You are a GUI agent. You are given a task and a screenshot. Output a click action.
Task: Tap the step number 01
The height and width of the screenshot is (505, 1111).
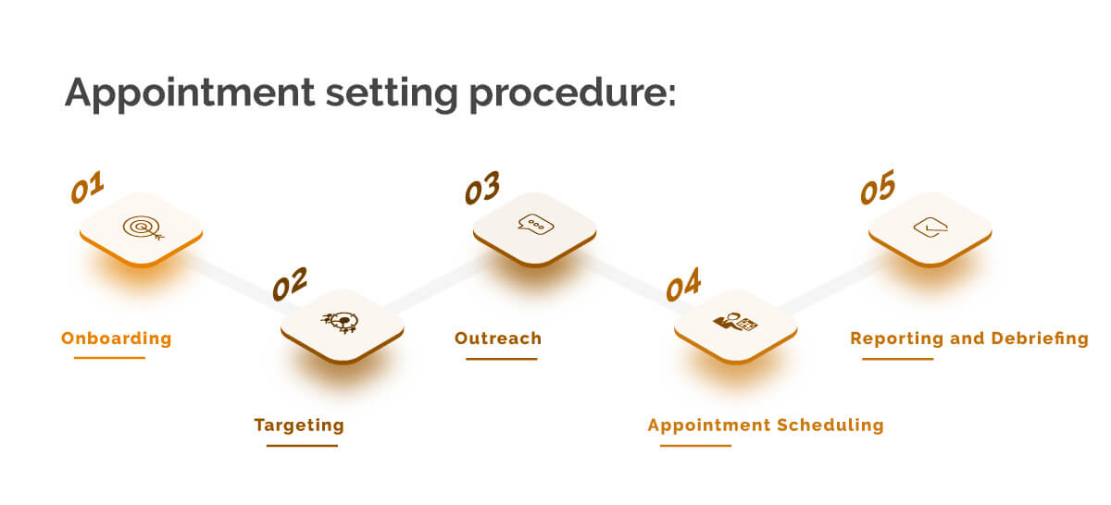(88, 189)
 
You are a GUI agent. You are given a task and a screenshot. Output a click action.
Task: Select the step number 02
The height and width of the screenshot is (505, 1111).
(289, 284)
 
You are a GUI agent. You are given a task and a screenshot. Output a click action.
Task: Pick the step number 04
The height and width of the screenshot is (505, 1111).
(683, 287)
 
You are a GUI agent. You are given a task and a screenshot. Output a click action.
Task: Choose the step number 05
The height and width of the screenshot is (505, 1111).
(878, 189)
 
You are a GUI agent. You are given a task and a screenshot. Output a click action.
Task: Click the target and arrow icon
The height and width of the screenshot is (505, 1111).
(141, 228)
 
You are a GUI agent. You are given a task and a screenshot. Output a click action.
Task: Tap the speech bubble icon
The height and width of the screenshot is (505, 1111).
(535, 225)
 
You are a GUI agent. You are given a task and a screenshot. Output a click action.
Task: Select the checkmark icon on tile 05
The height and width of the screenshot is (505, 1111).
(930, 227)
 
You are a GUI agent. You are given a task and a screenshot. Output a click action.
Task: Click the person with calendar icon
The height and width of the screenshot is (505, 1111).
(735, 323)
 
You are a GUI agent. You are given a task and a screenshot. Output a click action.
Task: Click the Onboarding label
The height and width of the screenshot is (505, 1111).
(117, 339)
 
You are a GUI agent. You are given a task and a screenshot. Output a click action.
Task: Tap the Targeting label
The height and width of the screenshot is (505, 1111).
(299, 425)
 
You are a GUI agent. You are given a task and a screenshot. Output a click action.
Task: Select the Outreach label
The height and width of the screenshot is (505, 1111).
(498, 339)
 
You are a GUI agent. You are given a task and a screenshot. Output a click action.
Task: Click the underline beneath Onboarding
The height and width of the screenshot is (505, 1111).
(109, 358)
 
